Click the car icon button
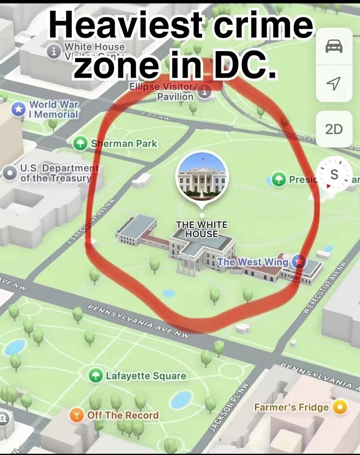tap(334, 47)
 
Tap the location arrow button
tap(334, 82)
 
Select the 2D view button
tap(334, 129)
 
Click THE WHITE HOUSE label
tap(202, 229)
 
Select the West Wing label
tap(253, 262)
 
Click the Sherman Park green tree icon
tap(81, 144)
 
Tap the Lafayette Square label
tap(146, 376)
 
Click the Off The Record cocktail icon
tap(76, 415)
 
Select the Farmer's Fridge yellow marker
tap(340, 407)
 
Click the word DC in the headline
tap(243, 64)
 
